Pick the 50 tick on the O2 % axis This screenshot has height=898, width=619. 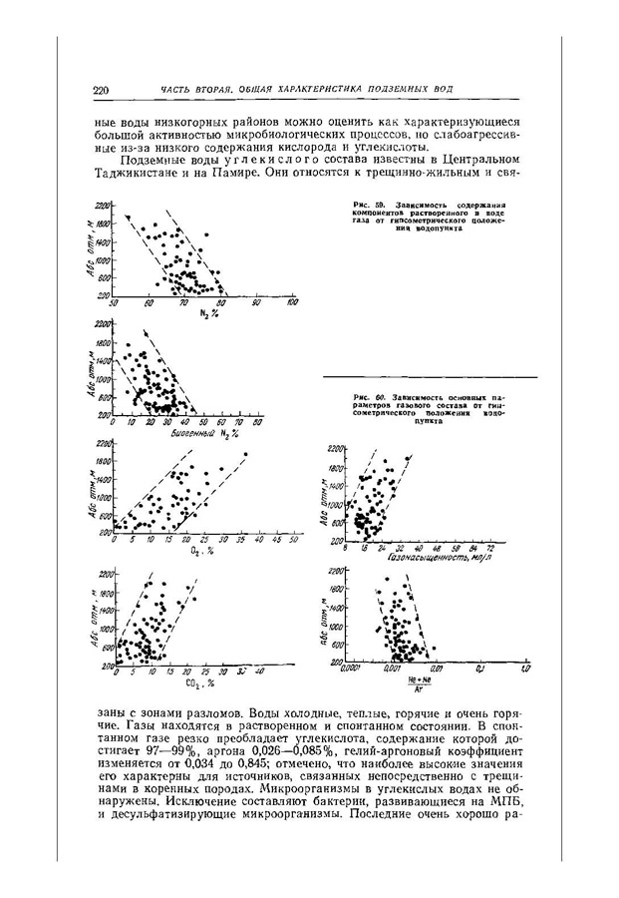coord(293,540)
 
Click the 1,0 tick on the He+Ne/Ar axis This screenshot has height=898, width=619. coord(525,670)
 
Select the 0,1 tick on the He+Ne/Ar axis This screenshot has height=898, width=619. coord(479,670)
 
